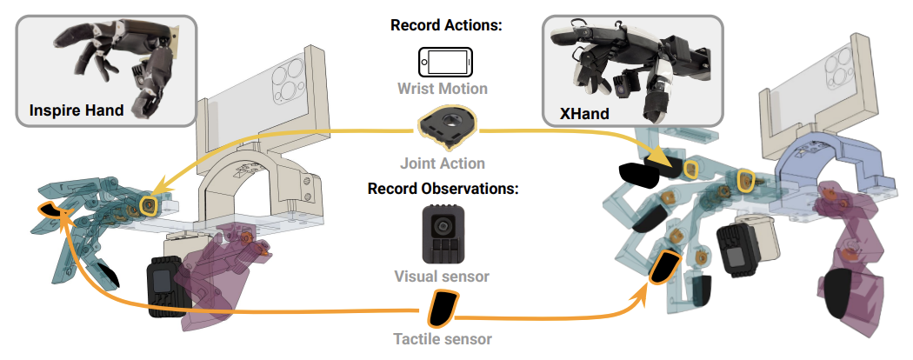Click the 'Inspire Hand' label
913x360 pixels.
pos(77,110)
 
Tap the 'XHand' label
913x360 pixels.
pos(584,113)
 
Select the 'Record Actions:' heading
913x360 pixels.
pos(446,25)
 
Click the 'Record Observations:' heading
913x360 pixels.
pos(443,189)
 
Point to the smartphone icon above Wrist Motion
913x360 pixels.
pos(445,61)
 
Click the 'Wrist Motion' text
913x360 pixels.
pos(443,89)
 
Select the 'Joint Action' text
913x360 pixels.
pos(443,163)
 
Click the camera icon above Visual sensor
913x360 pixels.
pos(443,234)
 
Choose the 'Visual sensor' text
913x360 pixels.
pos(442,276)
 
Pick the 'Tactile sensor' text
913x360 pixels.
pos(443,338)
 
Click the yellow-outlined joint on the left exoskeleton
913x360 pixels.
pos(148,204)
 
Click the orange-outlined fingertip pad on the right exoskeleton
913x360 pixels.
pos(664,266)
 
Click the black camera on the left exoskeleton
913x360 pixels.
pos(165,287)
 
